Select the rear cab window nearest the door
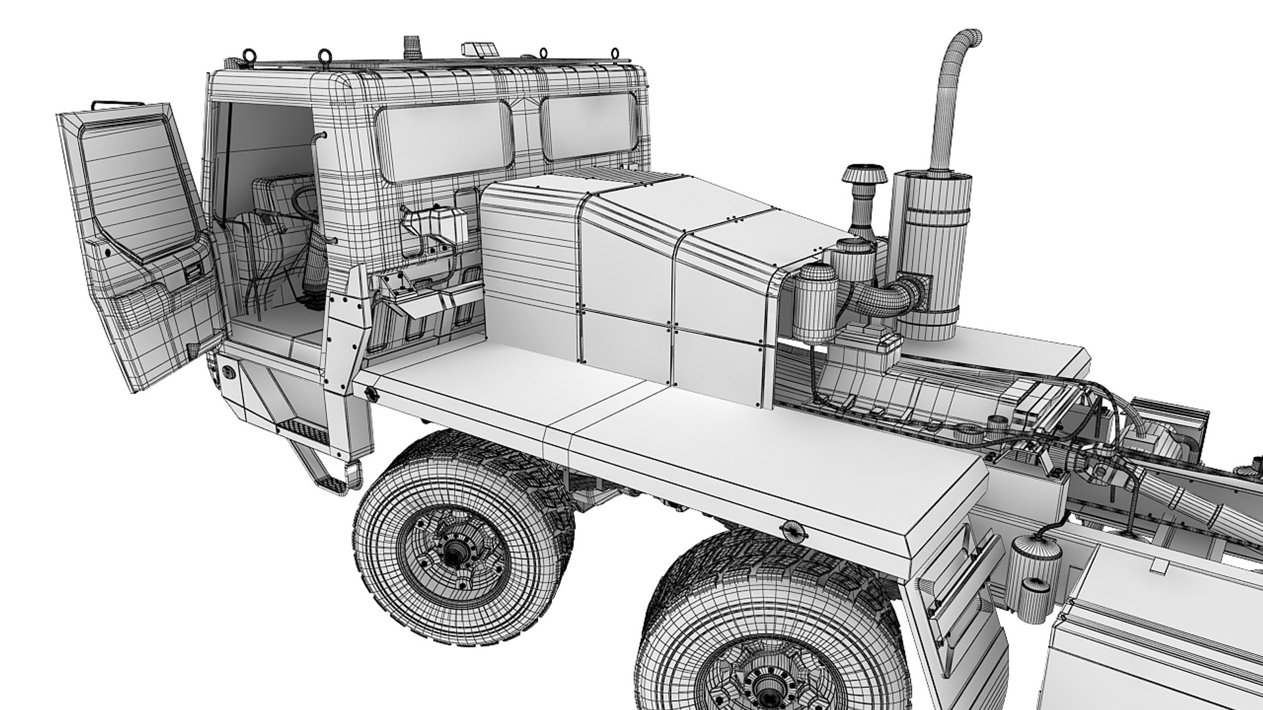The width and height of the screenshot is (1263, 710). click(444, 141)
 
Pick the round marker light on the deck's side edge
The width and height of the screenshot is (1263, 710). click(792, 529)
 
